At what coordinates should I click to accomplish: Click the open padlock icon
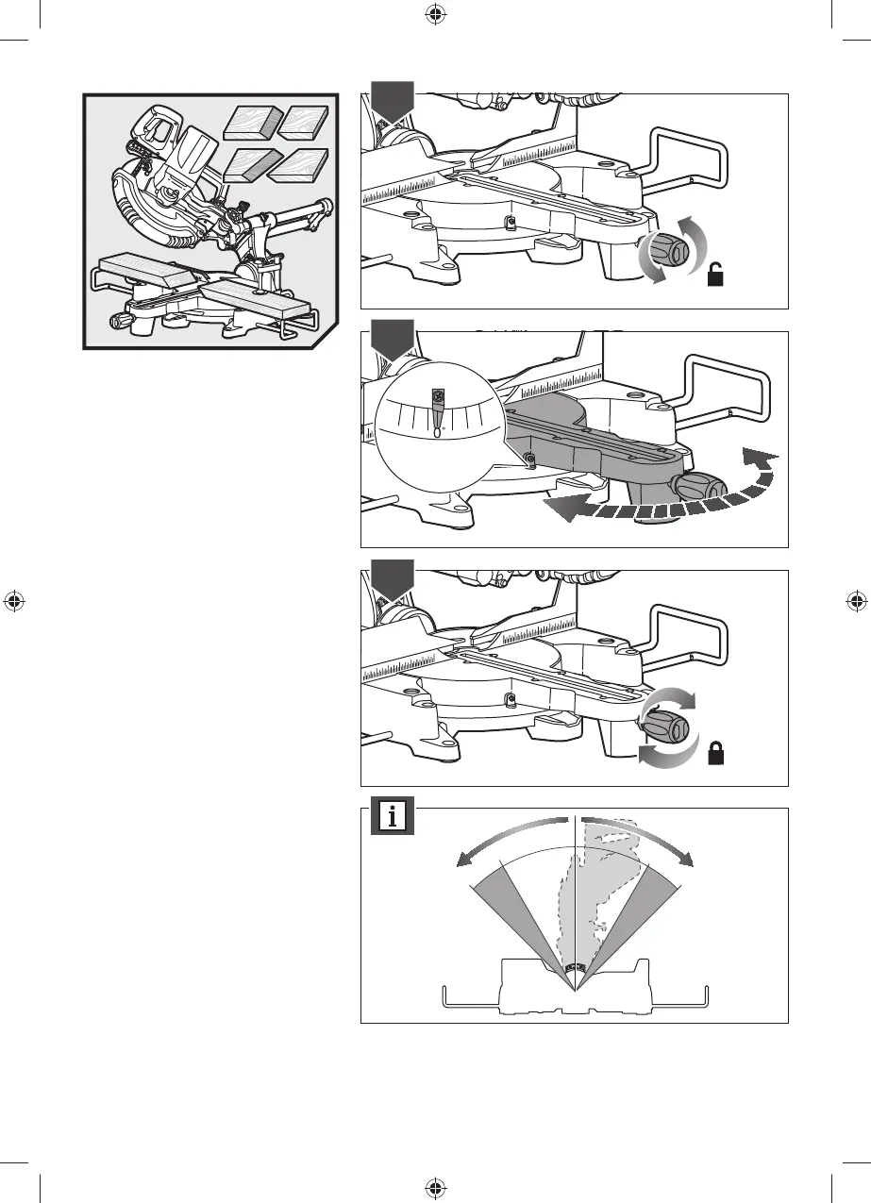point(717,276)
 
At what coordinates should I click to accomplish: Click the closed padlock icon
point(717,754)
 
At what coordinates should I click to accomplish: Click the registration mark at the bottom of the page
point(435,1186)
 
